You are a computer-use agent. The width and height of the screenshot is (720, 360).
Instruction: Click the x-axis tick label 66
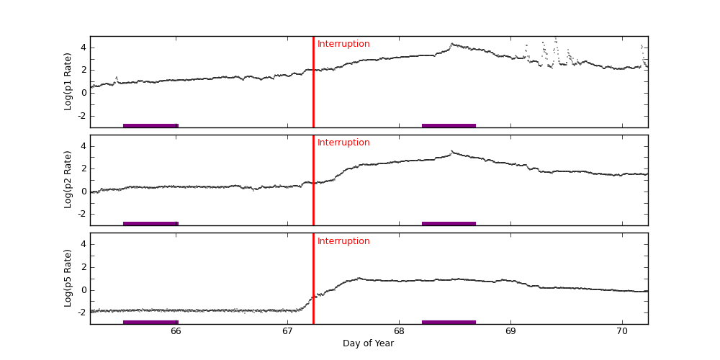coord(176,331)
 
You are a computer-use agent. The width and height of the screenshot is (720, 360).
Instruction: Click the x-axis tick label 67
coord(287,331)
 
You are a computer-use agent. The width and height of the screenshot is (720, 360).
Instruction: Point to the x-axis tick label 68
coord(398,331)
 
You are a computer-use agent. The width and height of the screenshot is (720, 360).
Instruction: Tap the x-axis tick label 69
coord(510,331)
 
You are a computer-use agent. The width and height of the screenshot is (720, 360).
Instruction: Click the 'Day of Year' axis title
coord(368,343)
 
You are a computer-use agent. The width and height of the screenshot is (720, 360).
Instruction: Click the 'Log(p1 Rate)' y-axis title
coord(68,81)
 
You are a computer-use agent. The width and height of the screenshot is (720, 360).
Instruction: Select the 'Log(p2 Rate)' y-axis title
coord(68,180)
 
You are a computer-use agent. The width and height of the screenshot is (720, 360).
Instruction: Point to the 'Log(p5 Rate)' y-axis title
coord(68,278)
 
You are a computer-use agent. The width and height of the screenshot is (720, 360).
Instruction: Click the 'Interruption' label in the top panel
coord(343,44)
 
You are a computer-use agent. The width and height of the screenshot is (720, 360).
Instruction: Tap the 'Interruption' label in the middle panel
coord(343,143)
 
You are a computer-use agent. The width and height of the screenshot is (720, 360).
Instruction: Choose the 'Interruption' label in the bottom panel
coord(343,241)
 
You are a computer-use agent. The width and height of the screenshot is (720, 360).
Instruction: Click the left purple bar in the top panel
coord(150,125)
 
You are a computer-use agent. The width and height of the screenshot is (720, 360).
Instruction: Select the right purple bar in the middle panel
coord(449,223)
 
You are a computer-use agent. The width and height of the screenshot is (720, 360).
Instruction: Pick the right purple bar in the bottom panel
coord(449,322)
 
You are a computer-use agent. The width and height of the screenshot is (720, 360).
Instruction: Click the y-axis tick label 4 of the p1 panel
coord(84,48)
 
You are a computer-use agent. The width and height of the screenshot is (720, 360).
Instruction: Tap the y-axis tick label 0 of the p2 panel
coord(84,192)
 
